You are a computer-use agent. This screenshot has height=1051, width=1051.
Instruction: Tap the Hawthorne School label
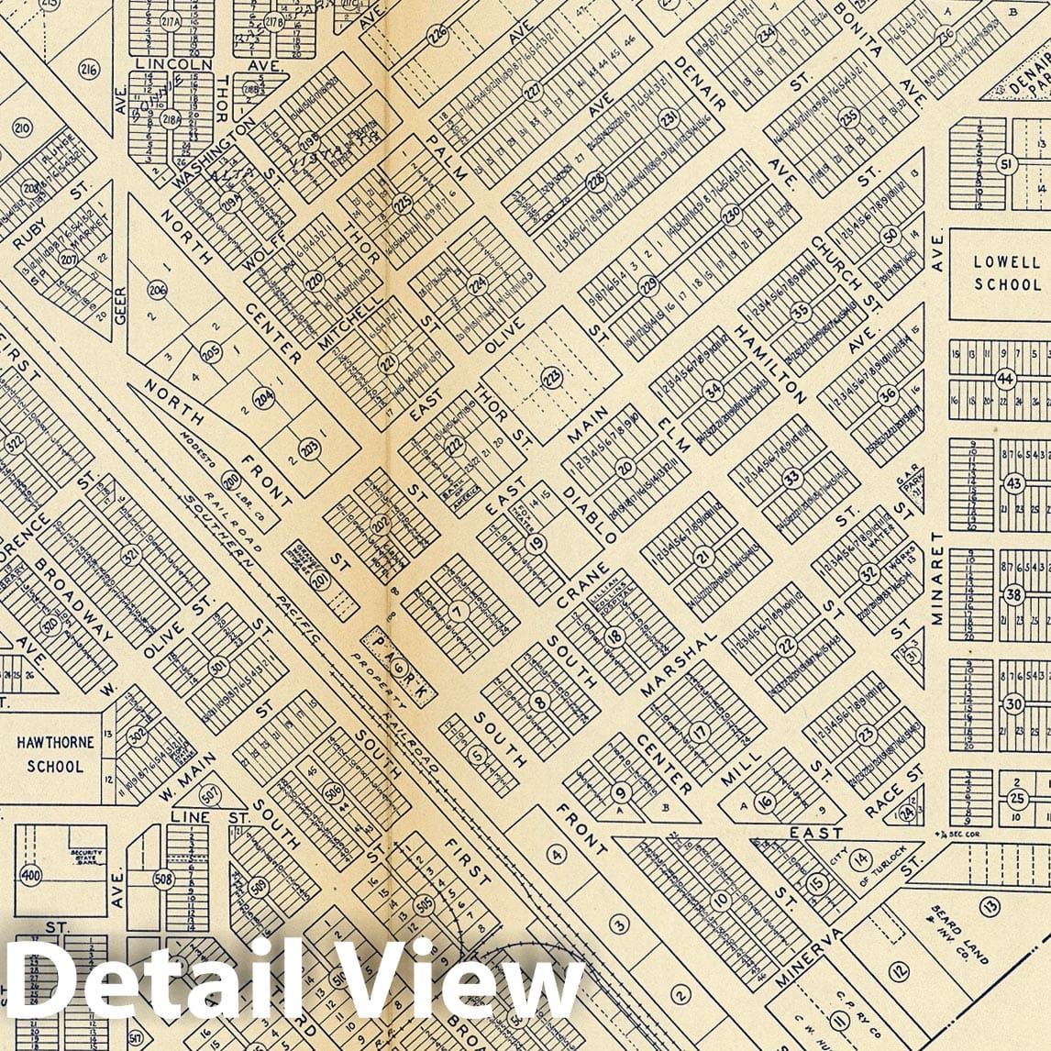click(x=55, y=755)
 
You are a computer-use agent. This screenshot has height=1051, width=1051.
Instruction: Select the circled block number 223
click(x=551, y=376)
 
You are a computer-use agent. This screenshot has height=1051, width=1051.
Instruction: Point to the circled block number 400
click(x=31, y=874)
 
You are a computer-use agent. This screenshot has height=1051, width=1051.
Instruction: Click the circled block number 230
click(x=731, y=213)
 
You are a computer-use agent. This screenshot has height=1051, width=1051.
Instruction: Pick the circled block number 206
click(x=158, y=292)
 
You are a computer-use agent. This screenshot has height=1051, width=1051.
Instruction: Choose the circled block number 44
click(x=1006, y=377)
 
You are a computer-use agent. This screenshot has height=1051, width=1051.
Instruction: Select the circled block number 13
click(x=989, y=907)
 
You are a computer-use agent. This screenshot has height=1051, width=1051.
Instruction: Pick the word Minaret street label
click(x=937, y=578)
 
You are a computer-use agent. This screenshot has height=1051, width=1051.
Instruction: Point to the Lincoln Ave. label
click(x=174, y=65)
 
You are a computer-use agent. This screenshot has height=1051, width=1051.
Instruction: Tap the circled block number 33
click(x=791, y=478)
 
